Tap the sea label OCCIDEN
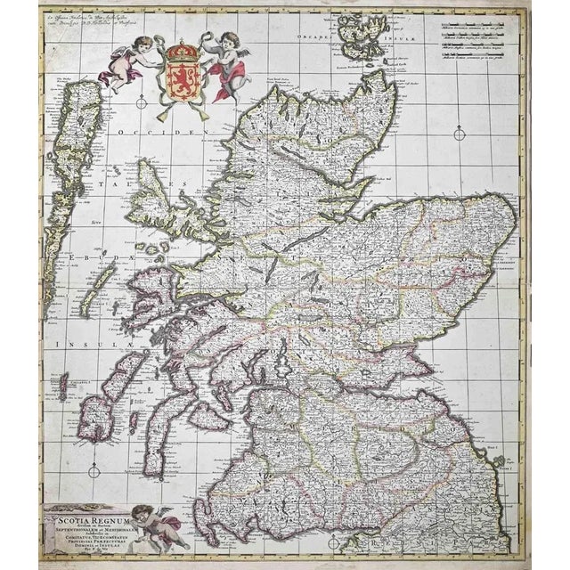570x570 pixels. point(177,130)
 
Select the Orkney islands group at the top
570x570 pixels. point(364,40)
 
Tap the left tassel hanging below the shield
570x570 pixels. point(160,113)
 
